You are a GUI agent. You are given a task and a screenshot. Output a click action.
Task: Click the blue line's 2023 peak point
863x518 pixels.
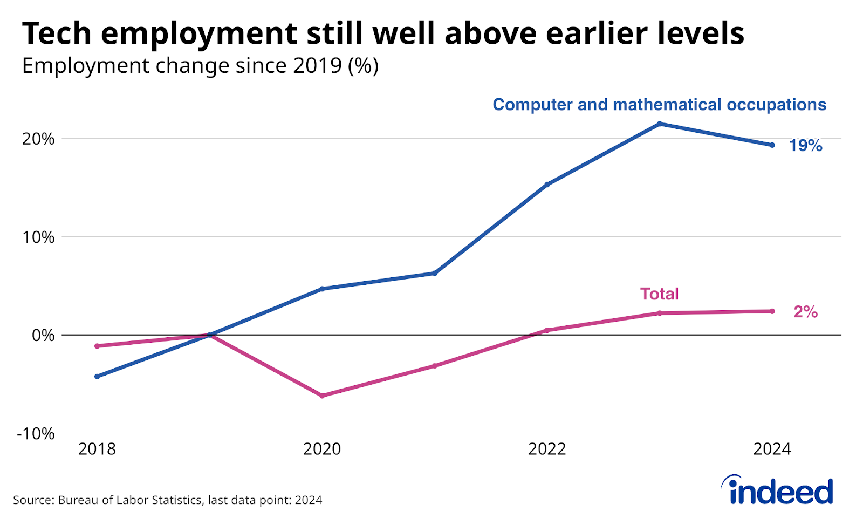click(659, 124)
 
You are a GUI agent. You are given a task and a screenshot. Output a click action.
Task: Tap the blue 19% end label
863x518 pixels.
click(805, 146)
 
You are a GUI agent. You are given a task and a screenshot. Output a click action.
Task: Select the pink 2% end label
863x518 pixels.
click(805, 312)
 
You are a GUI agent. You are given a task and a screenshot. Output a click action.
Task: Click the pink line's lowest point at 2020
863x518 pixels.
click(322, 396)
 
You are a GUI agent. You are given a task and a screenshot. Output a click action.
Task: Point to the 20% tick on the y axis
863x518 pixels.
click(38, 139)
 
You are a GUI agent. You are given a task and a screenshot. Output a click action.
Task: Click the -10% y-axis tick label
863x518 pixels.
click(36, 434)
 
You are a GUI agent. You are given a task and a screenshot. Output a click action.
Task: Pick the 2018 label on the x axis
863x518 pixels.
click(97, 449)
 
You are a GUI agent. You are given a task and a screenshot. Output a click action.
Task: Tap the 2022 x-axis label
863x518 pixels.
click(547, 449)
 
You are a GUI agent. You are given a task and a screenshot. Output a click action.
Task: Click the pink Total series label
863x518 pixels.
click(659, 294)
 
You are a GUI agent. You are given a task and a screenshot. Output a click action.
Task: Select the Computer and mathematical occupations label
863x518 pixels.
click(659, 104)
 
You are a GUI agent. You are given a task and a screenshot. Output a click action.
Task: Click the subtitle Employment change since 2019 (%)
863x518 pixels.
click(200, 66)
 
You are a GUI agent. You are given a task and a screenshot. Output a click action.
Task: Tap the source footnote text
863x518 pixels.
click(167, 500)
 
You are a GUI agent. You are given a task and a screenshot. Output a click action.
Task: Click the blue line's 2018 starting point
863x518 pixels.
click(97, 376)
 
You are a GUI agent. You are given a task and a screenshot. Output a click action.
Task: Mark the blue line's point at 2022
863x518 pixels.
click(547, 185)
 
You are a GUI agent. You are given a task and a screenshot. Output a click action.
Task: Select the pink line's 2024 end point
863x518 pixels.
click(772, 311)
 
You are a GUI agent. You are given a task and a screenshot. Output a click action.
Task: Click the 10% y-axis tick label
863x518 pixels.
click(38, 237)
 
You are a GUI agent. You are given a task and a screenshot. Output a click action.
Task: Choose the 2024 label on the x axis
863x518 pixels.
click(772, 449)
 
